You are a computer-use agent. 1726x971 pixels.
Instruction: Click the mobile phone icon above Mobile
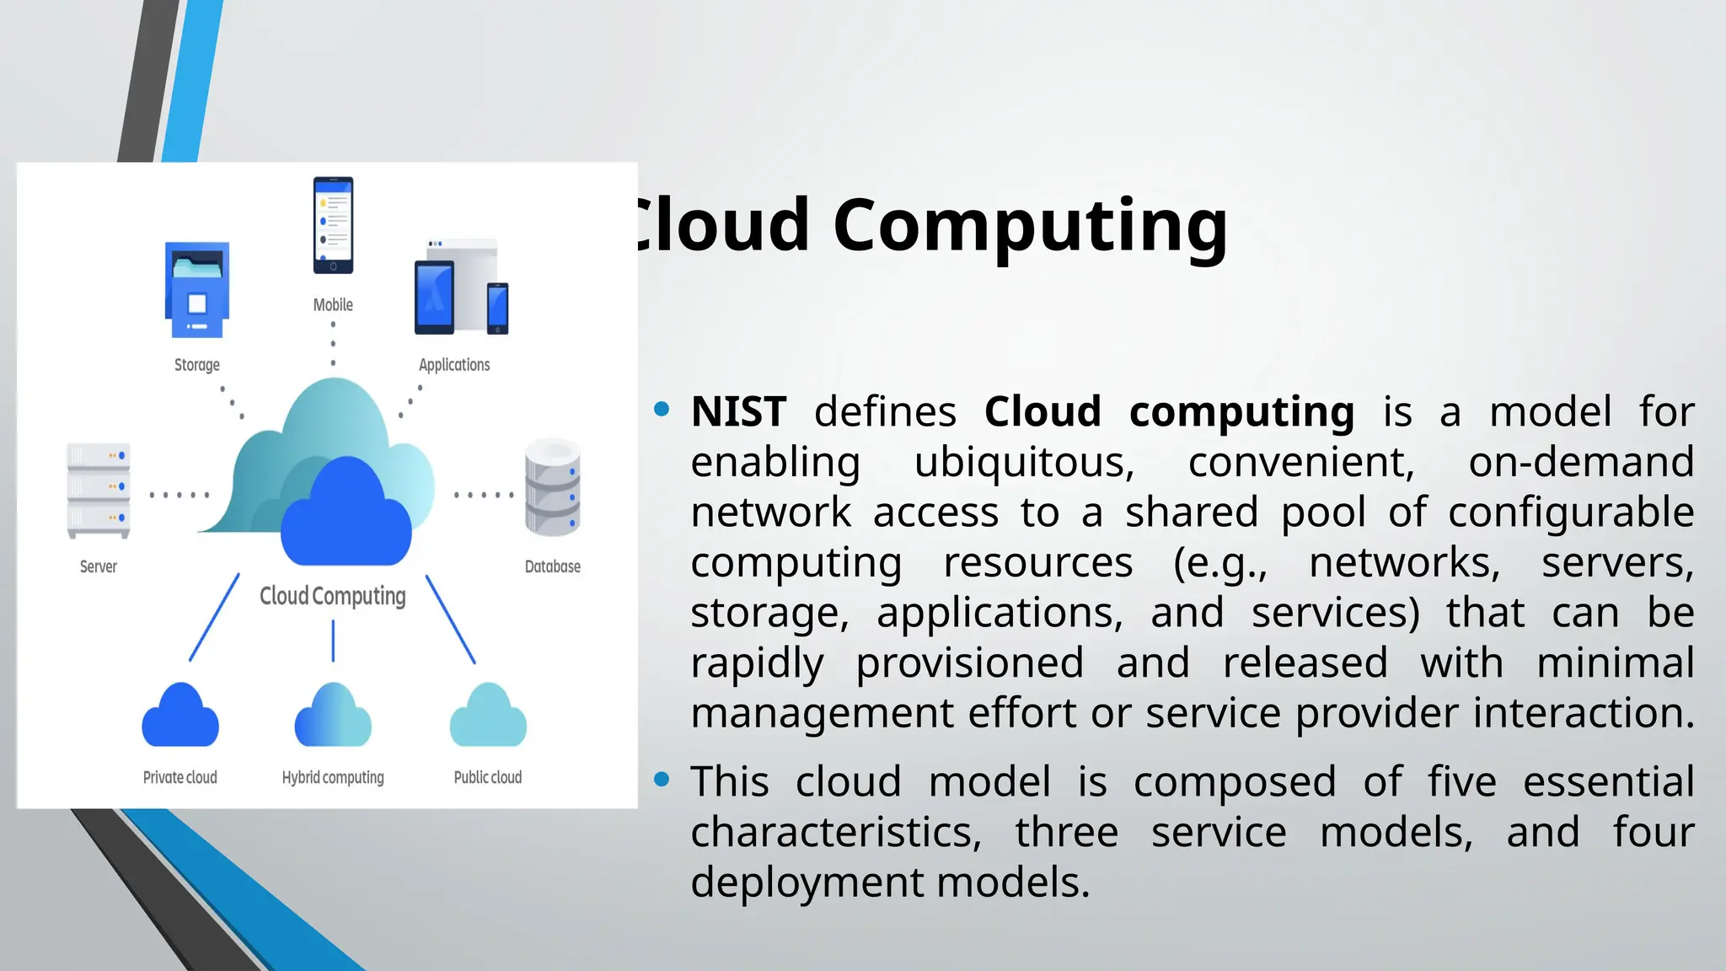coord(333,225)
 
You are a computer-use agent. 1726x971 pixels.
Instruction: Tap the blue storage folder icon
coord(197,290)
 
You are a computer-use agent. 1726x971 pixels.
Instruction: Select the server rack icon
coord(99,490)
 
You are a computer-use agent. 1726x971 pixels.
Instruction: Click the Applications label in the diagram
coord(454,365)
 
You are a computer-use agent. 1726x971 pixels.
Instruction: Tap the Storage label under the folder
coord(197,365)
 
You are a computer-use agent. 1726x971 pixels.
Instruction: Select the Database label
coord(553,566)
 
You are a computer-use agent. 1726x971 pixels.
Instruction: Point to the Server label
coord(99,566)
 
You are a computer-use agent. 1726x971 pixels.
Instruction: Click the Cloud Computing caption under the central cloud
coord(333,596)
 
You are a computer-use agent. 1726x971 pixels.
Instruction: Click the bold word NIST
coord(739,412)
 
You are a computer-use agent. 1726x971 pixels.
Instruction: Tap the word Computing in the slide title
coord(1030,225)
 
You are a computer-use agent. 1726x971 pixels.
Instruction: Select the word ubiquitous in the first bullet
coord(1024,463)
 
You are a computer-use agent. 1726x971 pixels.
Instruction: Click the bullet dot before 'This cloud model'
coord(662,780)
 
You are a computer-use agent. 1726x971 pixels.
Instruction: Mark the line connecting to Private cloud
coord(214,618)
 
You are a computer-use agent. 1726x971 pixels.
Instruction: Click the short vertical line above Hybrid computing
coord(333,641)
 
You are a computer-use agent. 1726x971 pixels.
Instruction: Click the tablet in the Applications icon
coord(434,298)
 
